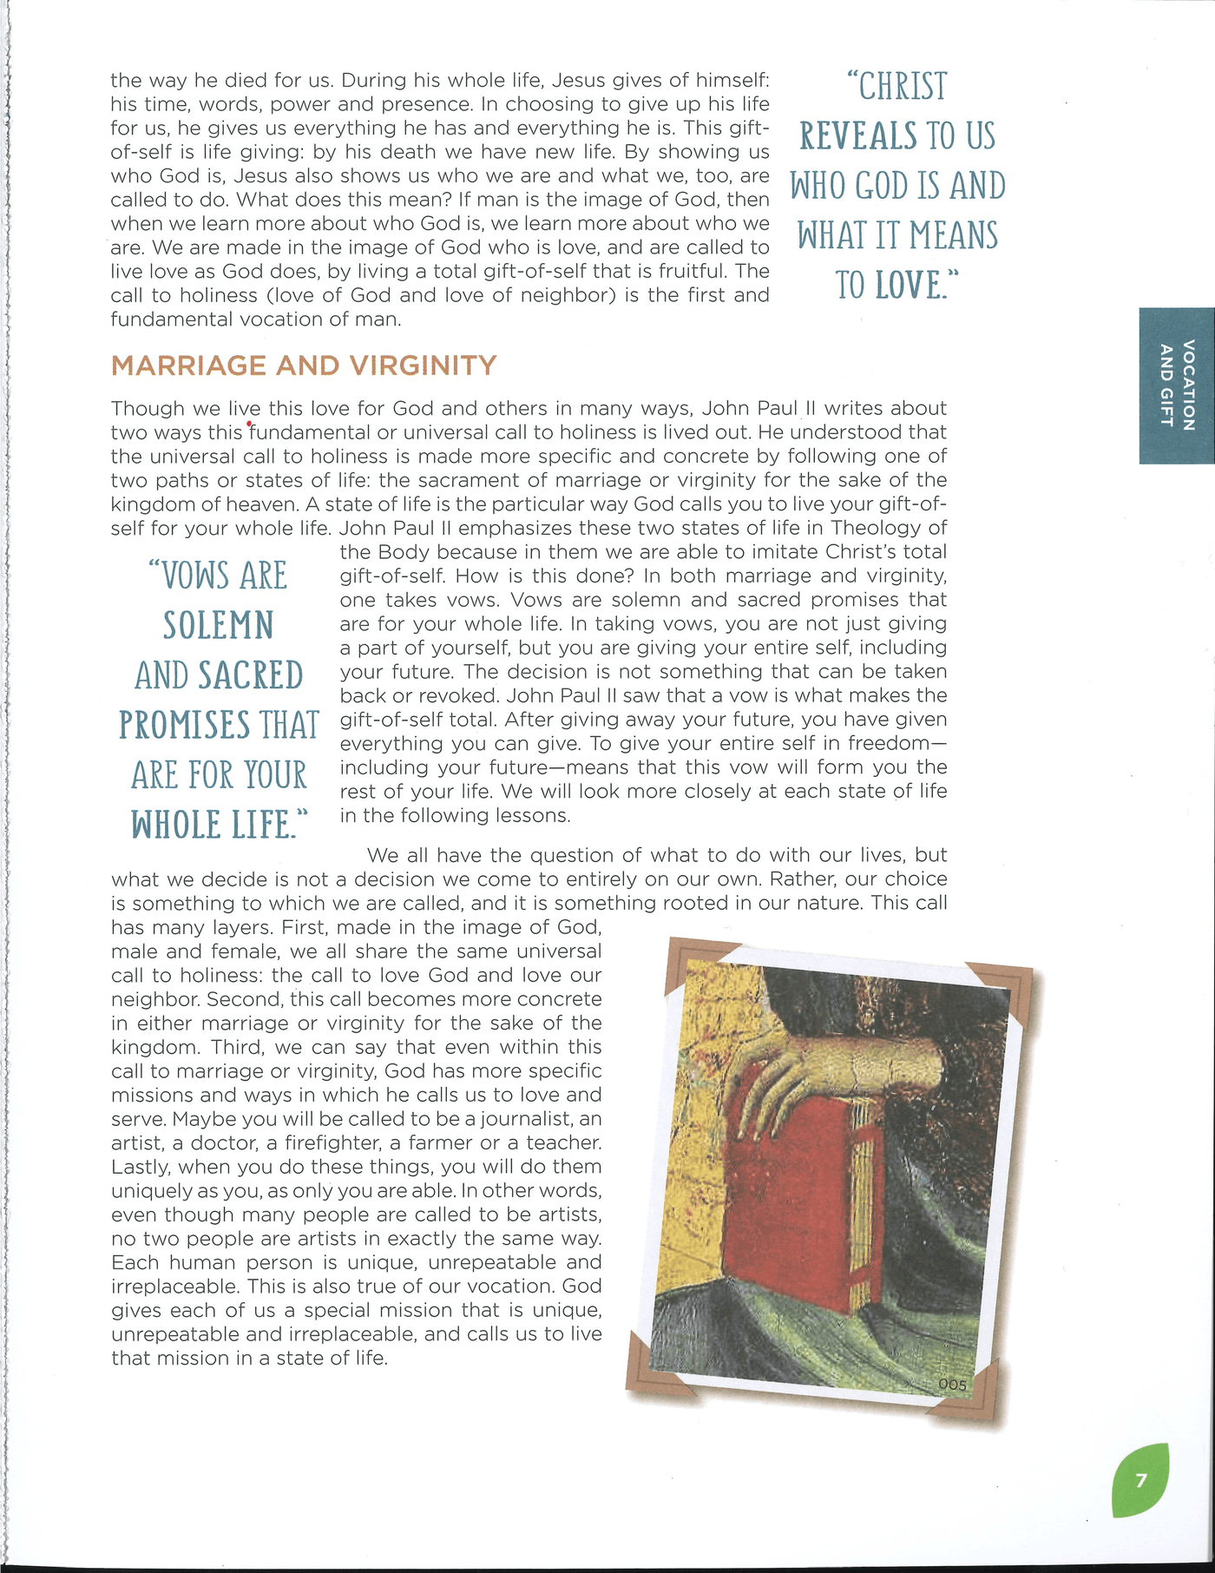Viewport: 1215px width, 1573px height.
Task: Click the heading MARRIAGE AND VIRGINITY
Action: (x=304, y=365)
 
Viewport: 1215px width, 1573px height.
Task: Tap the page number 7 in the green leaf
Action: (x=1140, y=1480)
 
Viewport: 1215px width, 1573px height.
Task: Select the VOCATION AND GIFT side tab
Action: (x=1177, y=385)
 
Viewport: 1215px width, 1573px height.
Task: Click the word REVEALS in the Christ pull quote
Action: (x=858, y=136)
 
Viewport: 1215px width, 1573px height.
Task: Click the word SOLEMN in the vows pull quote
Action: (x=219, y=626)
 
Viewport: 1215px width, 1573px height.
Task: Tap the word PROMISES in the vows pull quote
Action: (x=181, y=726)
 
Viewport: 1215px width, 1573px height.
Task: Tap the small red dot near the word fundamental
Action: (x=249, y=425)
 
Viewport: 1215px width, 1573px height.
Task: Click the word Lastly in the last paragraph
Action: (x=141, y=1167)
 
